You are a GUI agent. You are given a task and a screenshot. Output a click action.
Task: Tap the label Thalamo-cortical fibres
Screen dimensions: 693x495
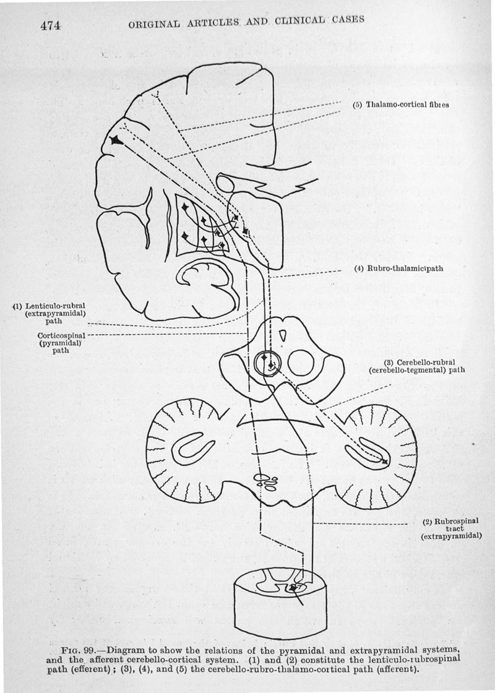point(400,105)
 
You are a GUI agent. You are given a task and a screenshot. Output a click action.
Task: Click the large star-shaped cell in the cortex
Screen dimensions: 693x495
point(115,141)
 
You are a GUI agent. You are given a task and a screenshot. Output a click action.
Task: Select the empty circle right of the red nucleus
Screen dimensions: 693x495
point(301,363)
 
